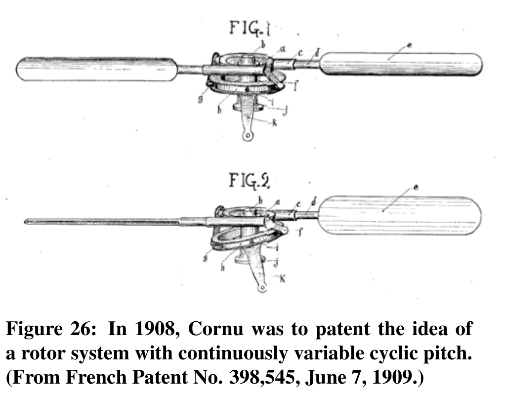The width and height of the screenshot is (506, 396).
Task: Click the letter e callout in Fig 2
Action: tap(416, 188)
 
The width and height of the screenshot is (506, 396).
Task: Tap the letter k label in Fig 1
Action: tap(275, 121)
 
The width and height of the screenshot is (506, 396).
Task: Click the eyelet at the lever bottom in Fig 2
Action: tap(261, 286)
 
